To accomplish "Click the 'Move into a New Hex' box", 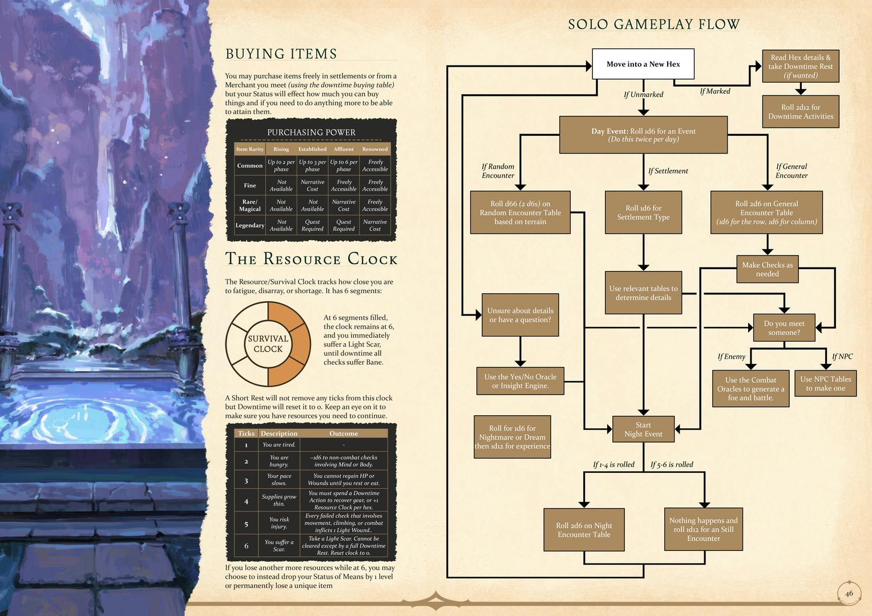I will (x=643, y=64).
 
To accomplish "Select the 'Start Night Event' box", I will (x=643, y=429).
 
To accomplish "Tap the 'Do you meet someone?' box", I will (x=784, y=328).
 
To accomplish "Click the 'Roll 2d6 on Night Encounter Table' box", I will (x=584, y=530).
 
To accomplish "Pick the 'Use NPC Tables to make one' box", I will (x=825, y=383).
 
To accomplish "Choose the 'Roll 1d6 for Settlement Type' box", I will (x=643, y=212).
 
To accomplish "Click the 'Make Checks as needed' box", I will (x=767, y=269).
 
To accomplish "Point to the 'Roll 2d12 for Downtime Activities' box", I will (x=800, y=112).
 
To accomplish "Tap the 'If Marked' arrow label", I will (x=714, y=91).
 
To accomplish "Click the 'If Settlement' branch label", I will (x=668, y=171).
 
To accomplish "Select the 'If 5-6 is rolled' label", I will (x=672, y=464).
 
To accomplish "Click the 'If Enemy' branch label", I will (x=731, y=356).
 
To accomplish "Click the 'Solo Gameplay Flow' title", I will (x=654, y=25).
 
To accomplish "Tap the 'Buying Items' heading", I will (x=281, y=54).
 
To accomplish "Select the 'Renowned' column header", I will (x=375, y=149).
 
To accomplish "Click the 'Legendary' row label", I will (x=249, y=225).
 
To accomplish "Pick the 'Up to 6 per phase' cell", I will (x=344, y=165).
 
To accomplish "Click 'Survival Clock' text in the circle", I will (x=268, y=343).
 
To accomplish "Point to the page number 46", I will (x=849, y=593).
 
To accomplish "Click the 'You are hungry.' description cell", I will (x=278, y=461).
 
